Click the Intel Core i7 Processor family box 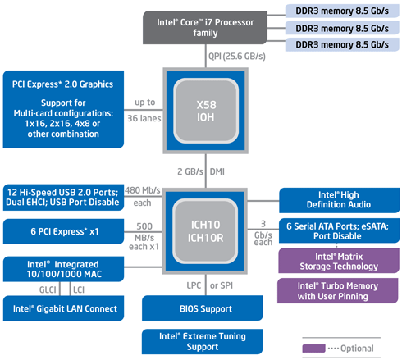[205, 27]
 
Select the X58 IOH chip [206, 111]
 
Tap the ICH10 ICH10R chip [205, 231]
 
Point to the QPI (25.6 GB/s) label [237, 57]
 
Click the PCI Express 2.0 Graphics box [63, 109]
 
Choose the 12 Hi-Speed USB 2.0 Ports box [63, 198]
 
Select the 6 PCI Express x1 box [63, 231]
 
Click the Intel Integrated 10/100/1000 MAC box [63, 269]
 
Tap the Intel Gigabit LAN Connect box [63, 308]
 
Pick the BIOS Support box [203, 308]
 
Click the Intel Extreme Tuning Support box [202, 341]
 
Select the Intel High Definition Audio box [340, 200]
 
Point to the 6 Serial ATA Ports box [339, 230]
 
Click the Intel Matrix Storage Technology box [339, 261]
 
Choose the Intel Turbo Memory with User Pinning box [338, 291]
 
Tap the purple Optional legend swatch [313, 349]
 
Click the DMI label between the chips [217, 171]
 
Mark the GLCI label [48, 289]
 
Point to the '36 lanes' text [144, 118]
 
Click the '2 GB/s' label [190, 171]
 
